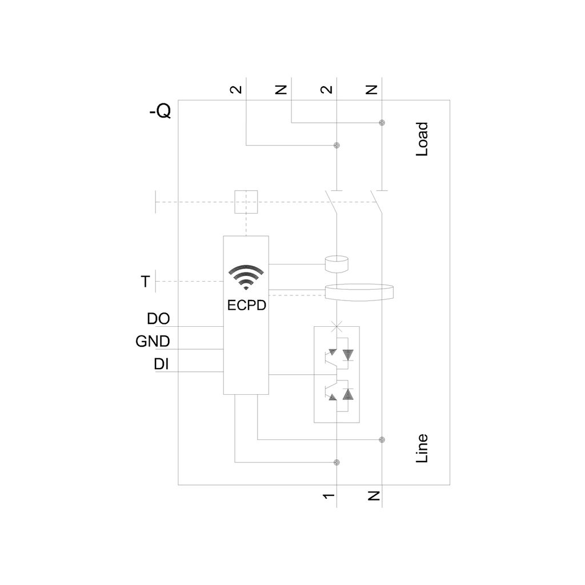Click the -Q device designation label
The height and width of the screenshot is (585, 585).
pyautogui.click(x=160, y=111)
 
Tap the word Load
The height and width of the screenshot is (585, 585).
pyautogui.click(x=422, y=139)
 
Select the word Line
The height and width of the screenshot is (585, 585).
pyautogui.click(x=422, y=448)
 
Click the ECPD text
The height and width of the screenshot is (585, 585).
pyautogui.click(x=247, y=305)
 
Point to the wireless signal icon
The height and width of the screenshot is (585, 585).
pyautogui.click(x=246, y=277)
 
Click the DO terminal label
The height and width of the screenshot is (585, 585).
pyautogui.click(x=159, y=319)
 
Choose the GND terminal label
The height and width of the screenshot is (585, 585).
pyautogui.click(x=153, y=342)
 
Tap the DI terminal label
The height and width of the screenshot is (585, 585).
pyautogui.click(x=161, y=364)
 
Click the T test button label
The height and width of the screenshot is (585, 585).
pyautogui.click(x=145, y=281)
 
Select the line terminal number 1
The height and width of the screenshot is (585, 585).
pyautogui.click(x=328, y=496)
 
